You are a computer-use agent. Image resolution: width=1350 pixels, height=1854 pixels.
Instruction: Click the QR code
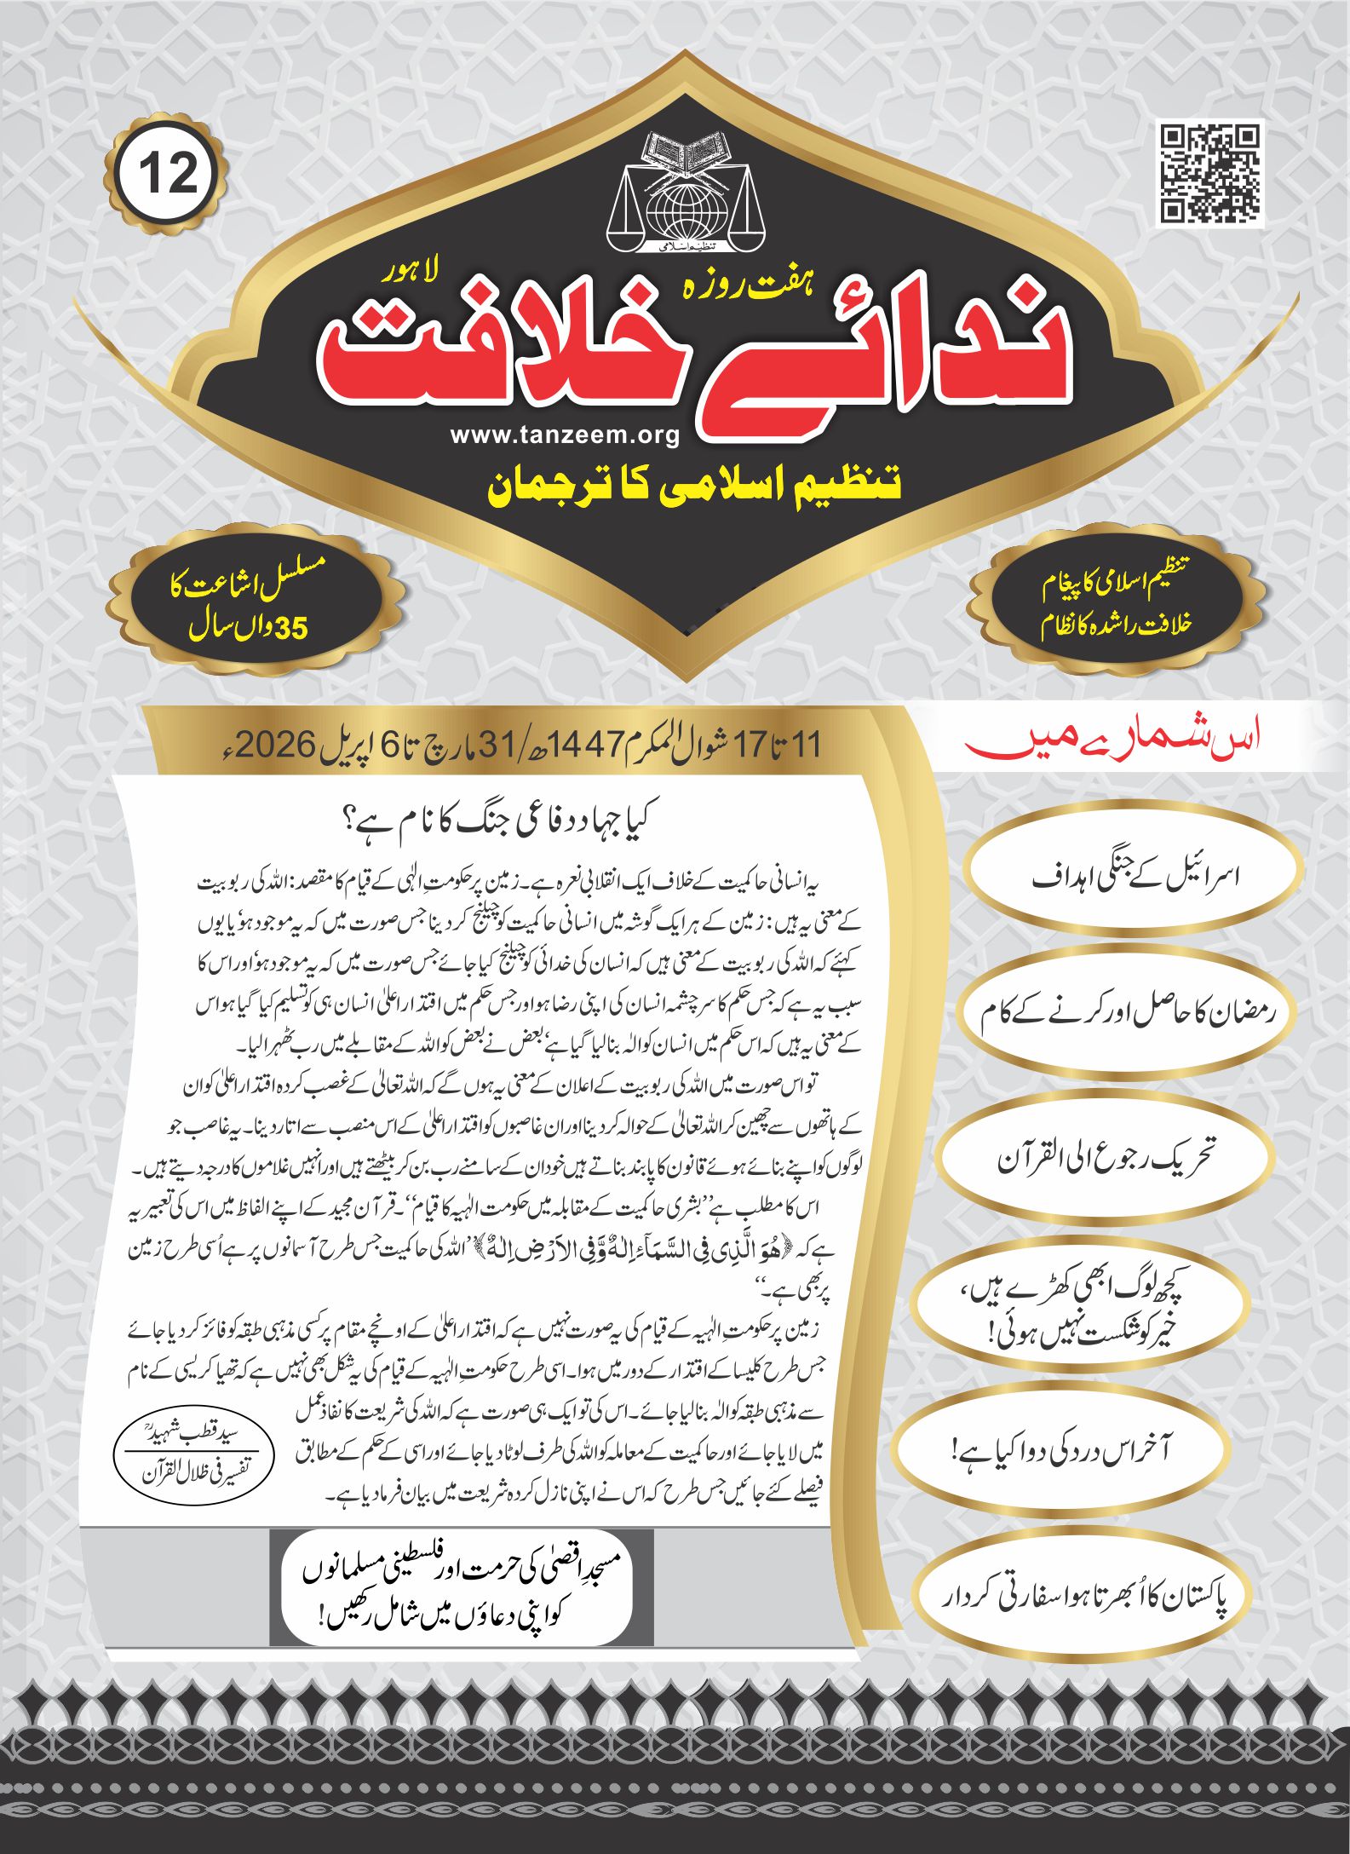(1210, 174)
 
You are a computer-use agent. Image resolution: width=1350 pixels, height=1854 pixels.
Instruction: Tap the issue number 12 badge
(167, 175)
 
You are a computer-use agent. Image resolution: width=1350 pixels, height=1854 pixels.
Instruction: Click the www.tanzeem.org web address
(565, 435)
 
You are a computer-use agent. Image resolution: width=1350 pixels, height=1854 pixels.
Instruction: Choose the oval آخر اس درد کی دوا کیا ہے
(1060, 1450)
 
